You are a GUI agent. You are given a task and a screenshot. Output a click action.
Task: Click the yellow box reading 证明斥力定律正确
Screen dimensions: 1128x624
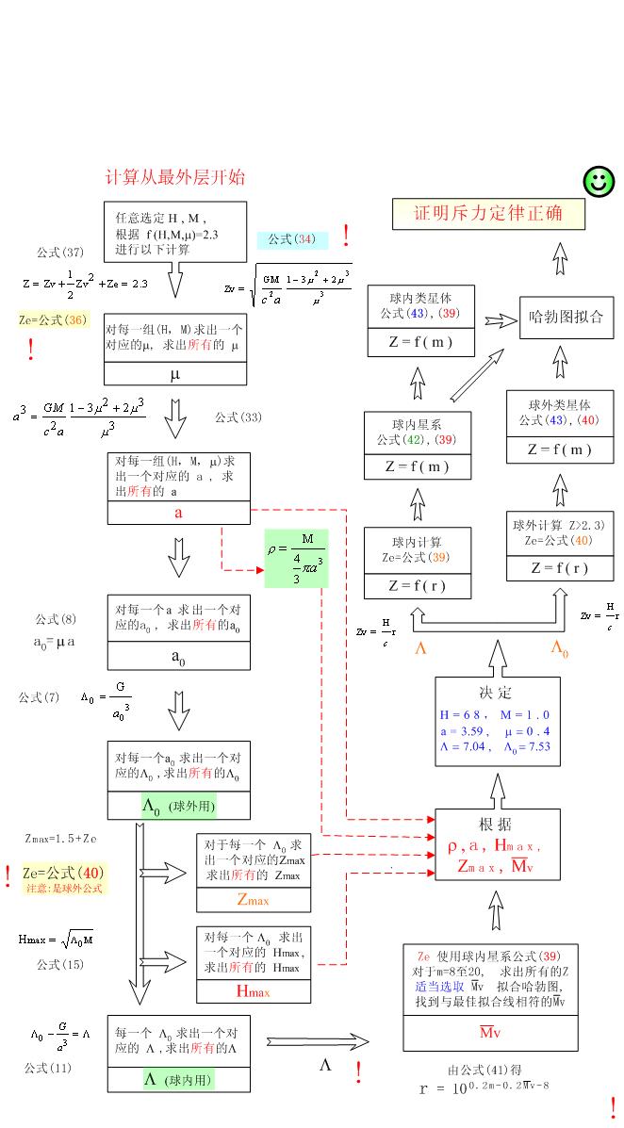(x=488, y=213)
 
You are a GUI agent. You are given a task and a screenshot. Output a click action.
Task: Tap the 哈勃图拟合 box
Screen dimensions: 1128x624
(x=567, y=317)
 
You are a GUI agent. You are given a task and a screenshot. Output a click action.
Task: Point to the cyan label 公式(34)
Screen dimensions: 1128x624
(x=292, y=239)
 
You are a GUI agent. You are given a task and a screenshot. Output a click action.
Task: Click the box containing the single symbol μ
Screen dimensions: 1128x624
(x=175, y=374)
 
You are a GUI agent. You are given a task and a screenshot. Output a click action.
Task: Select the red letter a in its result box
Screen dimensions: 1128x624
(x=178, y=513)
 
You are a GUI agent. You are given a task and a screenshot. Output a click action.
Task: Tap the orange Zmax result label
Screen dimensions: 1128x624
(x=253, y=901)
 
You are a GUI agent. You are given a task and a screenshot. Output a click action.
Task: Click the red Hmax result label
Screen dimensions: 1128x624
(x=253, y=991)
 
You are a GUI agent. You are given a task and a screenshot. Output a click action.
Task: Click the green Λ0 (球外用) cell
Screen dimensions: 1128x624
(x=179, y=807)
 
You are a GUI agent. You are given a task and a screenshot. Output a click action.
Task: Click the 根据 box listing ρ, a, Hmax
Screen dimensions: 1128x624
(x=496, y=844)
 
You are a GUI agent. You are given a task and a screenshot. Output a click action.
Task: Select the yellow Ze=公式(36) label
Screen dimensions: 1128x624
(x=53, y=320)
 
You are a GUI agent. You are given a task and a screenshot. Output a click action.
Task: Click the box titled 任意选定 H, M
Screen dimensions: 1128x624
(x=174, y=229)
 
